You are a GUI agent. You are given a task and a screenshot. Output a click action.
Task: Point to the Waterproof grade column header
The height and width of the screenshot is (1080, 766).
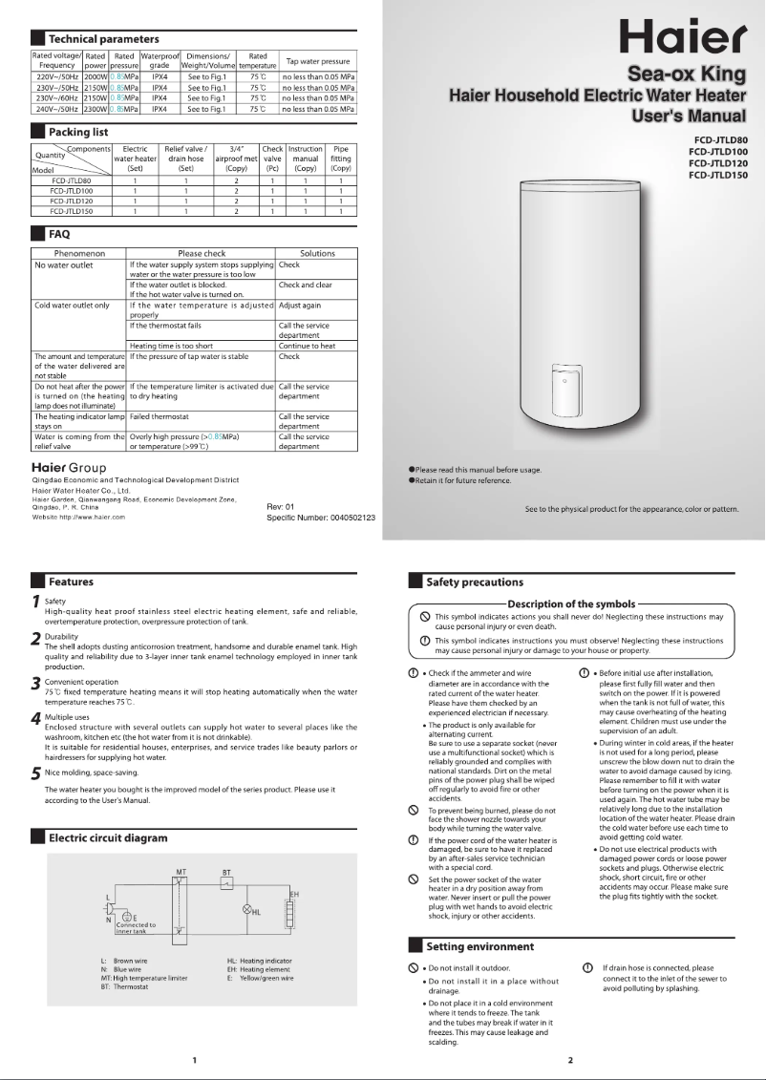click(x=160, y=60)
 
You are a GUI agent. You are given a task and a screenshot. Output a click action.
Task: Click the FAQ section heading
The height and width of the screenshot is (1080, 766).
click(x=59, y=233)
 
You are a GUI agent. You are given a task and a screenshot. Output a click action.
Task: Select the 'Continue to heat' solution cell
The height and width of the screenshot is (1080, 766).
click(x=307, y=346)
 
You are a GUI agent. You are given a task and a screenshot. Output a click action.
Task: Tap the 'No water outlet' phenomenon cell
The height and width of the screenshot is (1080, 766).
click(x=64, y=265)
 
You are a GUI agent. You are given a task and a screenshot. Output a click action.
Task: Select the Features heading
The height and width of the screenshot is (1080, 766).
click(x=71, y=581)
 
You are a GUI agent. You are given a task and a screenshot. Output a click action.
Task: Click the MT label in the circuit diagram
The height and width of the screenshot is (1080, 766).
click(x=180, y=845)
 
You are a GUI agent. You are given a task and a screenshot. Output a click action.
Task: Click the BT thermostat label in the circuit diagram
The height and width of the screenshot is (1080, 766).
click(x=226, y=846)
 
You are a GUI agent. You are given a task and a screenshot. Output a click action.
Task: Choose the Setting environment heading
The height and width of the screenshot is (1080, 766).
click(x=479, y=946)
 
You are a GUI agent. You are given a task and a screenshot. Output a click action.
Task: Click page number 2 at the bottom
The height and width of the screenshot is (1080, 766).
click(x=570, y=1060)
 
